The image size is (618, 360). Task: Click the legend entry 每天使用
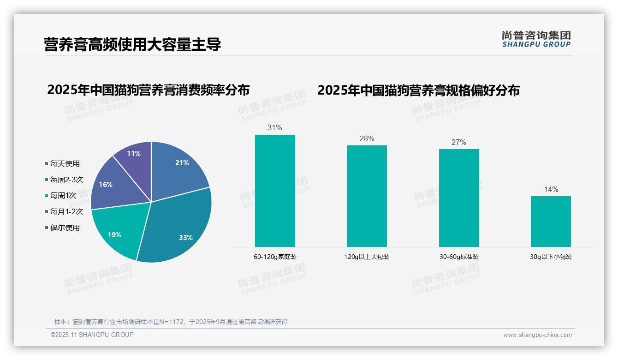tap(65, 163)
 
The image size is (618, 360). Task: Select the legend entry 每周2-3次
tap(66, 180)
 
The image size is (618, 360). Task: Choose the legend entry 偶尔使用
tap(65, 228)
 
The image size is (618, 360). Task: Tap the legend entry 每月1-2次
tap(66, 211)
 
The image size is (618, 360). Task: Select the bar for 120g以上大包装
tap(367, 196)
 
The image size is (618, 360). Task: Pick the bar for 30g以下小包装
tap(551, 222)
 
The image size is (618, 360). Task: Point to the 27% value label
tap(458, 142)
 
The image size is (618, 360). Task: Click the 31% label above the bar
tap(275, 128)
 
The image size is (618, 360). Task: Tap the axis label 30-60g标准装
tap(458, 257)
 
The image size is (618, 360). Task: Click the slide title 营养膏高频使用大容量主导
tap(132, 44)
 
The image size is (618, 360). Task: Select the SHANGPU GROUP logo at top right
tap(536, 39)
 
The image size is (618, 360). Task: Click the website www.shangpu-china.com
tap(537, 335)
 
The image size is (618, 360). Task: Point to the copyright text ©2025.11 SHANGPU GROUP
tap(92, 335)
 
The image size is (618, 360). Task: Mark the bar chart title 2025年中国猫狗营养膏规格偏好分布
tap(418, 90)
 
